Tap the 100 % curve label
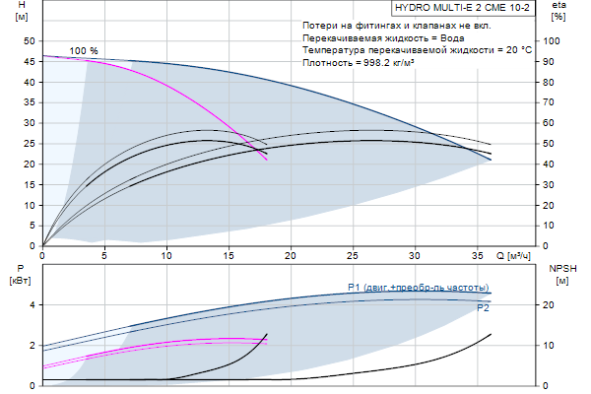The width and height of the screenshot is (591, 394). coord(85,50)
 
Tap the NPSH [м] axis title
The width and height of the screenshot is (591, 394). coord(562,275)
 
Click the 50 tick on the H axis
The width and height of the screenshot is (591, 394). coord(29,41)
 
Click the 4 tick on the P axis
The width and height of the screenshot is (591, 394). coord(33,304)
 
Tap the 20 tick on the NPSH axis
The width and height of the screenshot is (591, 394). coord(553,304)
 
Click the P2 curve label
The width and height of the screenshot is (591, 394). coord(483,308)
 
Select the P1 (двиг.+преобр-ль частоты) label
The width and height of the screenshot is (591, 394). coord(418,288)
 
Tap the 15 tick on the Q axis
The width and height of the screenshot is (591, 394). coord(229,256)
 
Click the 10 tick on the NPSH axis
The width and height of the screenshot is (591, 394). coord(553,345)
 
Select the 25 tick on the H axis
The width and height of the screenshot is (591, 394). coord(29,144)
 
